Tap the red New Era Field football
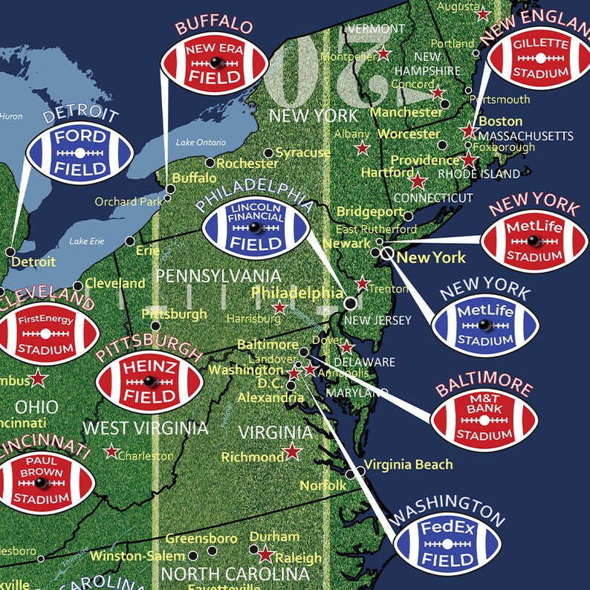[213, 65]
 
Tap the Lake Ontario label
[200, 143]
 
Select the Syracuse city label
[302, 152]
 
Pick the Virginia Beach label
[407, 464]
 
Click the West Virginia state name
[145, 428]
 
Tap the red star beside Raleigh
[265, 554]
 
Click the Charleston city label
[146, 456]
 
